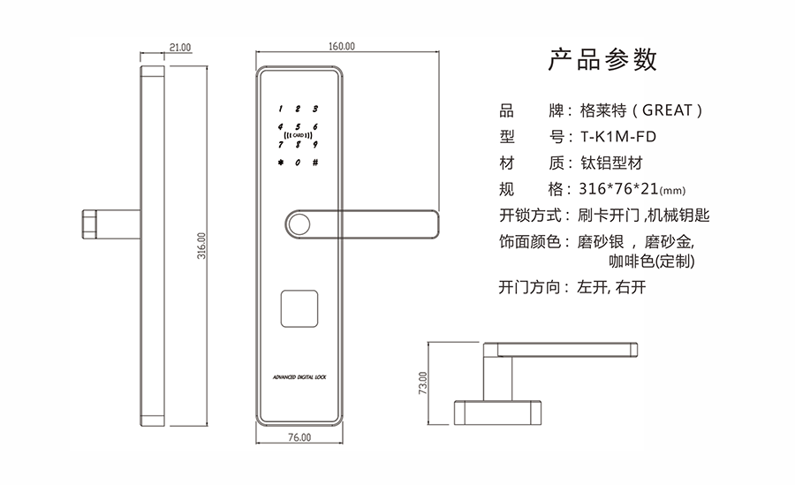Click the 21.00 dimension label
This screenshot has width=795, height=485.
coord(180,47)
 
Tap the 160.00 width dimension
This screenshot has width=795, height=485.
coord(342,46)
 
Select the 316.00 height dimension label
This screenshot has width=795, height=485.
coord(201,246)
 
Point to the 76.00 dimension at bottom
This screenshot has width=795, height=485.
coord(299,436)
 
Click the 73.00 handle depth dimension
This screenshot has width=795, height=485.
coord(423,383)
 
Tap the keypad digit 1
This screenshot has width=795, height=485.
coord(280,109)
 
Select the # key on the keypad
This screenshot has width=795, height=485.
coord(315,163)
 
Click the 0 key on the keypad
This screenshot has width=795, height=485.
coord(298,163)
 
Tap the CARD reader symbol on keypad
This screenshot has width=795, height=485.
coord(299,135)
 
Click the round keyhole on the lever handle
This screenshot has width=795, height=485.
coord(298,224)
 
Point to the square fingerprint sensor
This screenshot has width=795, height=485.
coord(299,308)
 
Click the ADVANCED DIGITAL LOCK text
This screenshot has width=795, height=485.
coord(299,377)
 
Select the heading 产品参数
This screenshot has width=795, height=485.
coord(602,59)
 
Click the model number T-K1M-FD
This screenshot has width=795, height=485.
coord(618,136)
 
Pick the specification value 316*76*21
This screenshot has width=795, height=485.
coord(618,189)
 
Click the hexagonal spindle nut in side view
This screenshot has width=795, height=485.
coord(88,224)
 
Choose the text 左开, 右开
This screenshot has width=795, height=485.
coord(611,287)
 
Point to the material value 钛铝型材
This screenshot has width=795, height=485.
coord(611,163)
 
